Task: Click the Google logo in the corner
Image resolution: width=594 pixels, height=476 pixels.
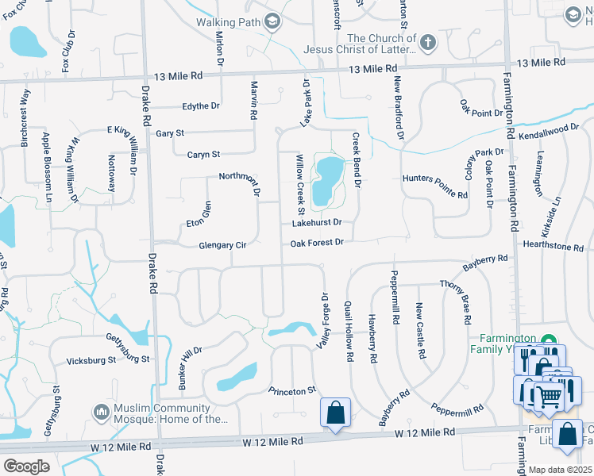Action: click(x=26, y=466)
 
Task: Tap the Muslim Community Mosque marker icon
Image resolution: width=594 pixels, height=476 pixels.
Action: click(x=101, y=413)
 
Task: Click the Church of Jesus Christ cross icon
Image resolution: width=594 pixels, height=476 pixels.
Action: click(x=428, y=43)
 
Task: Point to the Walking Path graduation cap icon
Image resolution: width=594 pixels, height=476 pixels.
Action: click(x=273, y=21)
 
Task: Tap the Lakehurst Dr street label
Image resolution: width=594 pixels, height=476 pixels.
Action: click(x=316, y=223)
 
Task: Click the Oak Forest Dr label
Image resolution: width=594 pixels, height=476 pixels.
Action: click(x=316, y=242)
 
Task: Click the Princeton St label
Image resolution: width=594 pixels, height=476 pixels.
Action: click(x=292, y=390)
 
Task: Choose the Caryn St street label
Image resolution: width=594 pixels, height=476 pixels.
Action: click(x=203, y=154)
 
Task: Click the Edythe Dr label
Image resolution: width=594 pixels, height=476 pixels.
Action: click(x=199, y=107)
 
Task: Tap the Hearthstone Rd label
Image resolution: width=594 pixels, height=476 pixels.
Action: click(x=553, y=247)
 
